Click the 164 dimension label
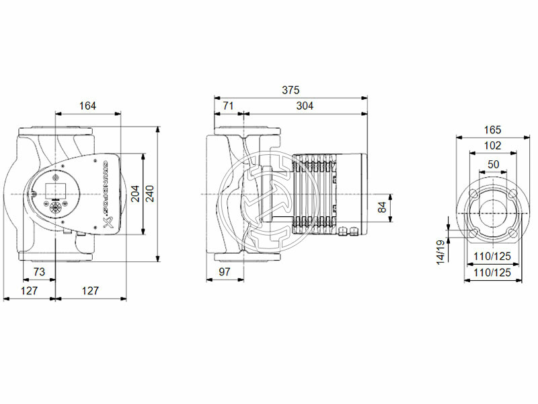[x=88, y=106]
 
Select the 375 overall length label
[x=291, y=90]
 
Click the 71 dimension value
[x=228, y=106]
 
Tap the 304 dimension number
[x=305, y=106]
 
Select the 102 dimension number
[x=493, y=145]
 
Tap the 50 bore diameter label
[x=493, y=164]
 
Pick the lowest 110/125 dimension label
[x=493, y=273]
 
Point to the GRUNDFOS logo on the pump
[x=104, y=195]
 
